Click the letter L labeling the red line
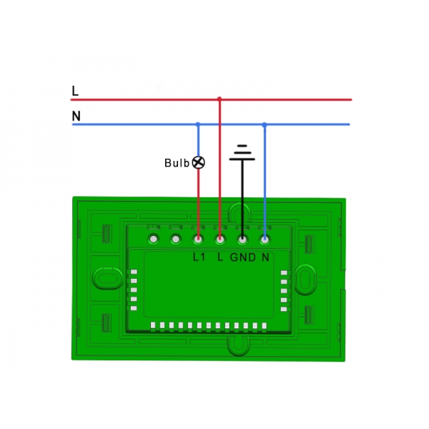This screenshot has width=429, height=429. [75, 91]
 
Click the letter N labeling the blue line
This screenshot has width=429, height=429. [76, 116]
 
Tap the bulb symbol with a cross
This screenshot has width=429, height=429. [198, 162]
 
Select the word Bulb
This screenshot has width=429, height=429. [177, 163]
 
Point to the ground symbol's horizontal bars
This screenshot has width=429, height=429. [242, 152]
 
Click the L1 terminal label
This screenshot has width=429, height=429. [199, 257]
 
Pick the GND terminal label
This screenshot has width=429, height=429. [242, 257]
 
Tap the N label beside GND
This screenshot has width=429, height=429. [265, 257]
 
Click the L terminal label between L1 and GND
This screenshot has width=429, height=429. [220, 257]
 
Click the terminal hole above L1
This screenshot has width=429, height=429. [198, 239]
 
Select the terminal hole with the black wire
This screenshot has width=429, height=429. [242, 239]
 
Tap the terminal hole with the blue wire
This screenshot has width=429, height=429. [265, 239]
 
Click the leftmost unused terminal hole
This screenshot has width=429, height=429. [154, 239]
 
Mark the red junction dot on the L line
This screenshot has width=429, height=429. [220, 99]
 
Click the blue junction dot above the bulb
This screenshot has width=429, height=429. [198, 124]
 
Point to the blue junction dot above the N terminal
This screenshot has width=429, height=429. [265, 124]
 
